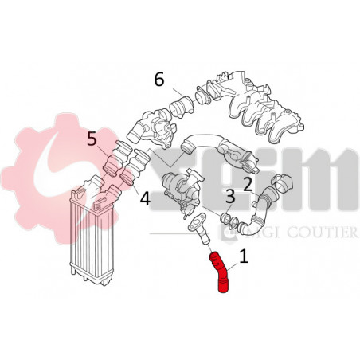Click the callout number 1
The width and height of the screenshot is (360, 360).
pyautogui.click(x=244, y=257)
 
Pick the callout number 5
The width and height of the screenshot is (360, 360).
pyautogui.click(x=92, y=140)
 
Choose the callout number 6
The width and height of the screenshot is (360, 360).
pyautogui.click(x=159, y=80)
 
